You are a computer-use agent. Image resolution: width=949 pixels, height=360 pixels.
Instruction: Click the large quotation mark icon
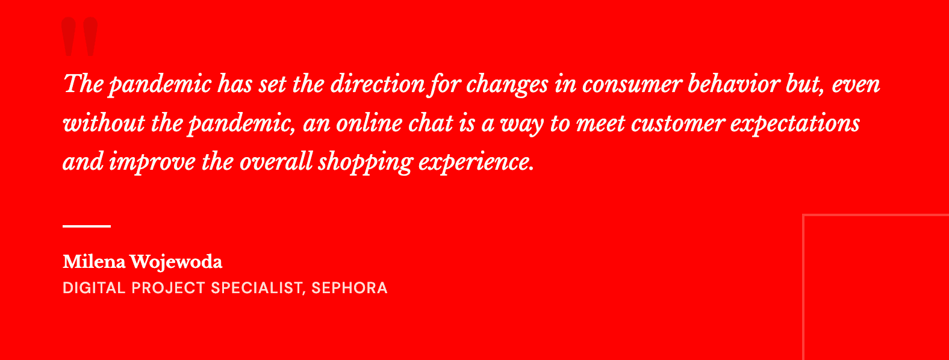[x=79, y=37]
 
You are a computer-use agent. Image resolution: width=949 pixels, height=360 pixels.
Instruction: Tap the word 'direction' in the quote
[x=378, y=84]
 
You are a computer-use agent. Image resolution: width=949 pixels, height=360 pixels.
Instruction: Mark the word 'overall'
[x=276, y=162]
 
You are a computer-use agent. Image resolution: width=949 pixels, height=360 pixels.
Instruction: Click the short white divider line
[x=87, y=226]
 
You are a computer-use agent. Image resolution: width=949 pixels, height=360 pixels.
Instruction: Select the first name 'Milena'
[x=94, y=262]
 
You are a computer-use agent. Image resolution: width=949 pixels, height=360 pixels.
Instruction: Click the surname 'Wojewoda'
[x=176, y=262]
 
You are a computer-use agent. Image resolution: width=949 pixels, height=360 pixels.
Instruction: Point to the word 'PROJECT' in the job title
[x=168, y=288]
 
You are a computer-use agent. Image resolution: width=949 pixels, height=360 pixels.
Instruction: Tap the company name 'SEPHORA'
[x=349, y=288]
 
